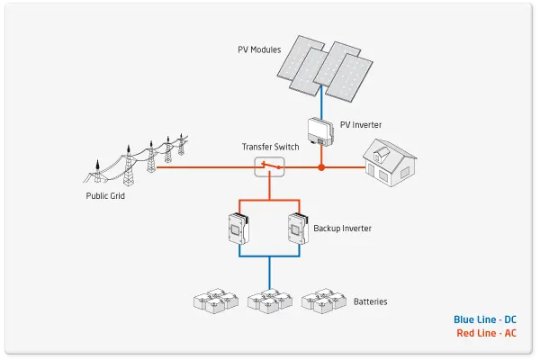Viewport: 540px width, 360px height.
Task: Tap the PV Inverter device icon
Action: [x=319, y=130]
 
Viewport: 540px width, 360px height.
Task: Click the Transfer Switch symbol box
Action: [x=269, y=166]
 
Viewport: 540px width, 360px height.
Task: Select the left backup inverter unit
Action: [x=238, y=229]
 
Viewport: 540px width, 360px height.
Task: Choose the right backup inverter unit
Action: [x=298, y=229]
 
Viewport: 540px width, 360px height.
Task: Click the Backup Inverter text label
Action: [x=343, y=229]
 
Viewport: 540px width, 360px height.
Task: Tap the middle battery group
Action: [x=270, y=301]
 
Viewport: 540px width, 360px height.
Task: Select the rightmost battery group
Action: [x=323, y=301]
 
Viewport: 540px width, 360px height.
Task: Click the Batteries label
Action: [x=371, y=301]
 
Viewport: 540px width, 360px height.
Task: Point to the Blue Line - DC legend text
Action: [x=484, y=319]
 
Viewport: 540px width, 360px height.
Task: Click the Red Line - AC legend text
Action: [x=486, y=334]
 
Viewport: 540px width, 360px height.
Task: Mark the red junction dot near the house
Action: [x=321, y=167]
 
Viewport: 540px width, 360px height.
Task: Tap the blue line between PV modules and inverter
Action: [x=321, y=104]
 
